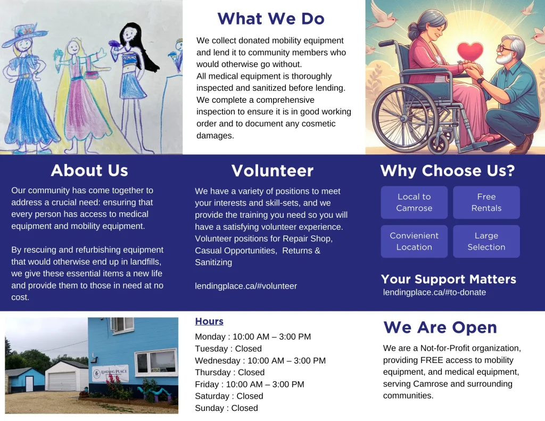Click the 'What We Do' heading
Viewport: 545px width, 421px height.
tap(271, 19)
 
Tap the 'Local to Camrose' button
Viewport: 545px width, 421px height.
tap(414, 202)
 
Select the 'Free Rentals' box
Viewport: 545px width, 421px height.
tap(486, 202)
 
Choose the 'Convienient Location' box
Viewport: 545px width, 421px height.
tap(414, 241)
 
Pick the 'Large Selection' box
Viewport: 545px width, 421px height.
tap(486, 241)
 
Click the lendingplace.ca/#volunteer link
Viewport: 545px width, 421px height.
tap(246, 286)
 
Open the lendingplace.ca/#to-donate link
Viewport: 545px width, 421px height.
tap(434, 292)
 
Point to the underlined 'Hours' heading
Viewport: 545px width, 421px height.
tap(209, 321)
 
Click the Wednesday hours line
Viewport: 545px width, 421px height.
tap(260, 360)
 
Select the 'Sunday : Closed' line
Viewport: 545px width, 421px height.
tap(226, 408)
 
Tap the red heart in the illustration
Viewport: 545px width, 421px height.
tap(469, 52)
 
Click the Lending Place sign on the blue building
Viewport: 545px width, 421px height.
tap(110, 373)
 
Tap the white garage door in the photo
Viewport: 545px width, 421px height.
tap(62, 381)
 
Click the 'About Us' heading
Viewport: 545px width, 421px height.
tap(89, 170)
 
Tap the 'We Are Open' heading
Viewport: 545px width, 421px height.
tap(440, 327)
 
